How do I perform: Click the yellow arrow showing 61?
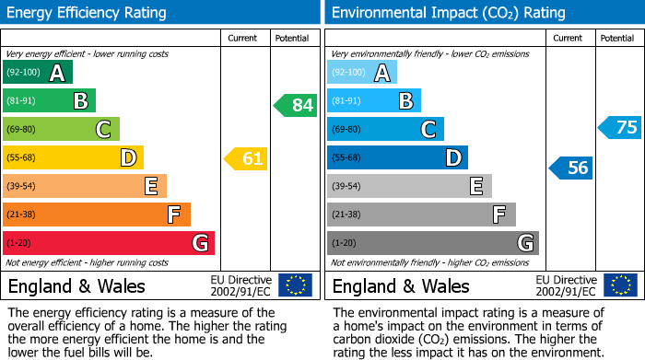[x=246, y=159]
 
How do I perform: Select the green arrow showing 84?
[x=296, y=105]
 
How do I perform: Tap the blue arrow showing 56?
[x=571, y=168]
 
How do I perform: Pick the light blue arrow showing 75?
[x=620, y=128]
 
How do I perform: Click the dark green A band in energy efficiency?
[x=37, y=73]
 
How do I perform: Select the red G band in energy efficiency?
[x=108, y=243]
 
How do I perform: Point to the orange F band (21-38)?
[x=96, y=215]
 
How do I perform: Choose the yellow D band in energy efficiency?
[x=73, y=158]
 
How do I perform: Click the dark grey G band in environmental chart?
[x=432, y=243]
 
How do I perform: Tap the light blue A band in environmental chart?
[x=362, y=73]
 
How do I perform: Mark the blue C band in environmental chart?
[x=385, y=130]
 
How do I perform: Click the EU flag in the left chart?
[x=295, y=285]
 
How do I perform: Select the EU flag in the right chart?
[x=620, y=285]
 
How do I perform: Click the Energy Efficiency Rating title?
[x=87, y=13]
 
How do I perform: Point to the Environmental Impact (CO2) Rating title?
[x=448, y=13]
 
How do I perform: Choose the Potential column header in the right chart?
[x=616, y=38]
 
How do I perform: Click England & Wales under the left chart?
[x=76, y=285]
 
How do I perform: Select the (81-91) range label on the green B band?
[x=22, y=101]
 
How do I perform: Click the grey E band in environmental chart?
[x=409, y=187]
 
